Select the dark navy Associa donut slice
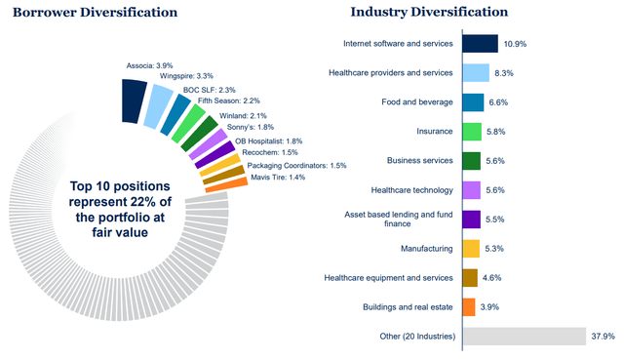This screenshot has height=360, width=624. click(x=134, y=97)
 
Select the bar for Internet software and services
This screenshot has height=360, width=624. click(x=480, y=44)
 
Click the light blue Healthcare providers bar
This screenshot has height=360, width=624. click(x=475, y=73)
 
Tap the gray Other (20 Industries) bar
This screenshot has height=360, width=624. click(x=523, y=337)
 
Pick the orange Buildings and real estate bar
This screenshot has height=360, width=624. click(x=468, y=307)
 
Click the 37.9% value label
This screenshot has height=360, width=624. click(x=604, y=337)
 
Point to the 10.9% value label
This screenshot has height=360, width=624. click(x=515, y=44)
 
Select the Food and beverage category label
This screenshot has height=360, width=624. click(x=418, y=102)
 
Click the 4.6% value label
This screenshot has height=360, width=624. click(x=496, y=278)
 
